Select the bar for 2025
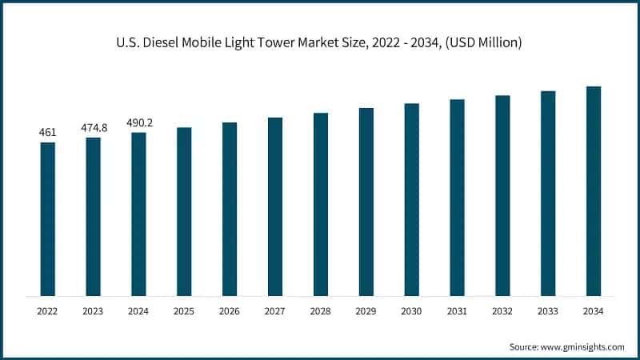pyautogui.click(x=184, y=212)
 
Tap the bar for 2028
pyautogui.click(x=321, y=205)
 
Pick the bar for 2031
pyautogui.click(x=457, y=198)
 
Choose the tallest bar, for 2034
pyautogui.click(x=594, y=191)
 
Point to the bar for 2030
pyautogui.click(x=412, y=200)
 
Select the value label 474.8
pyautogui.click(x=94, y=128)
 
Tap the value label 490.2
pyautogui.click(x=138, y=123)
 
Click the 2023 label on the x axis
pyautogui.click(x=94, y=310)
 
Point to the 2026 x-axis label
pyautogui.click(x=230, y=310)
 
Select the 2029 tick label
pyautogui.click(x=366, y=310)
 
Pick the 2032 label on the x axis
pyautogui.click(x=502, y=310)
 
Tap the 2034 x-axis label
pyautogui.click(x=594, y=310)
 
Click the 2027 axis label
pyautogui.click(x=275, y=310)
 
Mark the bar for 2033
pyautogui.click(x=548, y=194)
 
